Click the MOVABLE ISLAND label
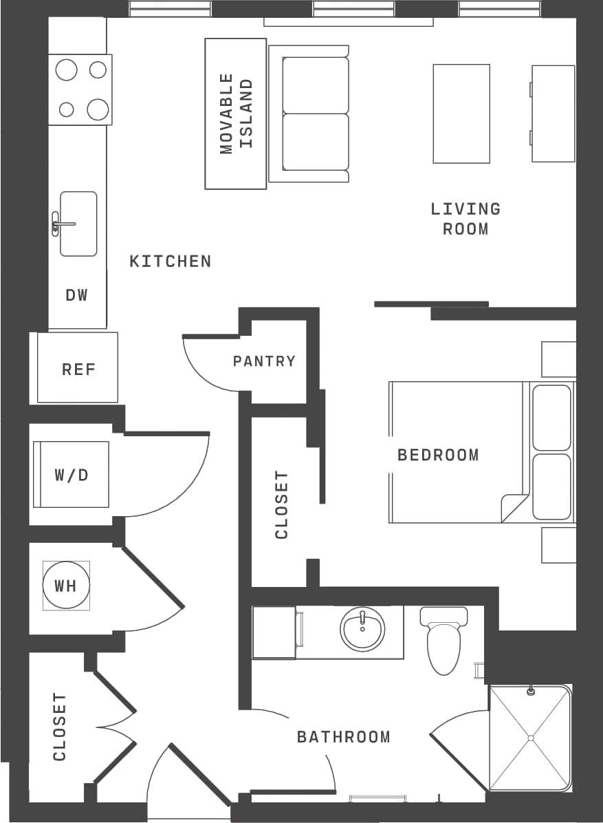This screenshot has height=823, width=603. pyautogui.click(x=236, y=114)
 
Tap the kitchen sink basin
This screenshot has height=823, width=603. pyautogui.click(x=78, y=224)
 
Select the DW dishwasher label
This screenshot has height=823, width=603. pyautogui.click(x=77, y=295)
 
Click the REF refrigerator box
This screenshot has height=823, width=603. pyautogui.click(x=78, y=368)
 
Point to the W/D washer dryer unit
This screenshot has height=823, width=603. pyautogui.click(x=72, y=475)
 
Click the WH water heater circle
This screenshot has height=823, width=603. pyautogui.click(x=66, y=586)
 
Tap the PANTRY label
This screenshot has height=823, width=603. pyautogui.click(x=264, y=361)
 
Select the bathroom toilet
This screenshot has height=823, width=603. pyautogui.click(x=443, y=644)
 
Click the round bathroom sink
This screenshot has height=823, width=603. pyautogui.click(x=362, y=629)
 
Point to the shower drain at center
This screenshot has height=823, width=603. pyautogui.click(x=530, y=738)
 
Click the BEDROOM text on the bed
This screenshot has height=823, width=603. pyautogui.click(x=438, y=455)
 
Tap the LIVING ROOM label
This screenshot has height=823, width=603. pyautogui.click(x=465, y=218)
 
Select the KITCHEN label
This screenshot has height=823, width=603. pyautogui.click(x=170, y=261)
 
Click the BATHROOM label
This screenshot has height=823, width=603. pyautogui.click(x=343, y=737)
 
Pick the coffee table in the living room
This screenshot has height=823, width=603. pyautogui.click(x=461, y=114)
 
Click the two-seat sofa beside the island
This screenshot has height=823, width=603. pyautogui.click(x=315, y=114)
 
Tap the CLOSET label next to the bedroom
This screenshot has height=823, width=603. pyautogui.click(x=281, y=504)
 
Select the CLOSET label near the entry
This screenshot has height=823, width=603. pyautogui.click(x=60, y=727)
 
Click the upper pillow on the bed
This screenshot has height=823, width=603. pyautogui.click(x=551, y=418)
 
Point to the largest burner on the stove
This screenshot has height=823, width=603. pyautogui.click(x=67, y=70)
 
